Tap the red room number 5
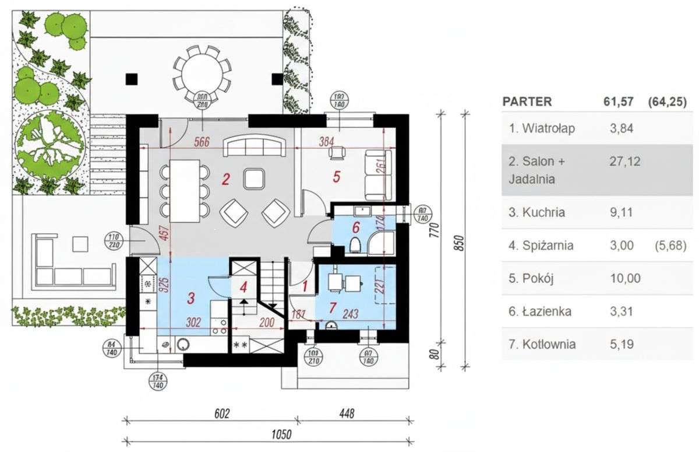(336, 177)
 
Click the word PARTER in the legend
(527, 101)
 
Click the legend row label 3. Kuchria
(536, 212)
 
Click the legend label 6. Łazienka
(540, 311)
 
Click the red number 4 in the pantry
(243, 287)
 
